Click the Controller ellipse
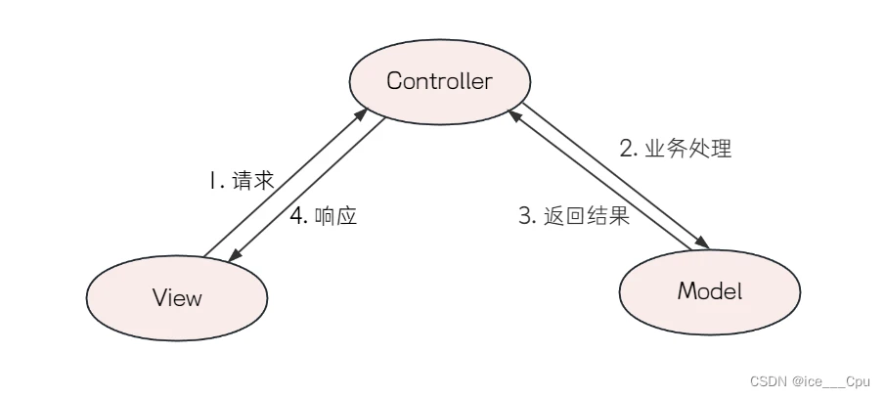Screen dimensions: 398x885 pos(439,81)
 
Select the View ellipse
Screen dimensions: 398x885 pos(177,297)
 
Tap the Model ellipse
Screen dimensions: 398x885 pos(710,290)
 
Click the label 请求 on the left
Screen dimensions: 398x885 pos(253,181)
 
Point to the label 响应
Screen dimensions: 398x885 pos(336,216)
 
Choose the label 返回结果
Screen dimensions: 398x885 pos(586,216)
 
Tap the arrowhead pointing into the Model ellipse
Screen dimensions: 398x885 pos(700,245)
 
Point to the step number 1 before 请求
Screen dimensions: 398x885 pos(210,181)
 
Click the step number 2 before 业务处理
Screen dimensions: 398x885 pos(627,150)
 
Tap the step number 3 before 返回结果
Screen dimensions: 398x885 pos(524,216)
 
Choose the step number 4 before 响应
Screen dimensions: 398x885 pos(296,216)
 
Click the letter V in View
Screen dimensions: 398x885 pos(158,297)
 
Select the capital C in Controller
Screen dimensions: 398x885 pos(394,81)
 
